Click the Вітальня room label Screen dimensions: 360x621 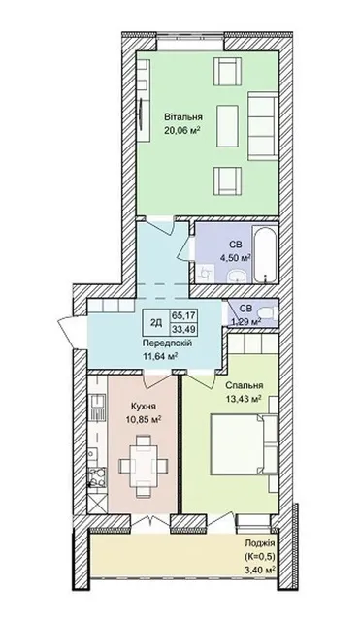(183, 117)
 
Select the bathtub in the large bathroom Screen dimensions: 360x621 (265, 254)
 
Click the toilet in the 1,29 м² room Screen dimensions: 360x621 (268, 312)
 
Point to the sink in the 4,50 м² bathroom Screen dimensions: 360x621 (237, 276)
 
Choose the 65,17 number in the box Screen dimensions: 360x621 (184, 316)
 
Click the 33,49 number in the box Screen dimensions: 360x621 (184, 329)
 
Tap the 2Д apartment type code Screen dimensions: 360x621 (156, 323)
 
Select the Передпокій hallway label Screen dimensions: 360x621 (168, 343)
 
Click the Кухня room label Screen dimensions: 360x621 (143, 407)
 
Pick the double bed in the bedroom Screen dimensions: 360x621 (244, 444)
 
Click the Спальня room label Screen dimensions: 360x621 (245, 385)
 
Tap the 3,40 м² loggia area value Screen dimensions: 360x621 (260, 570)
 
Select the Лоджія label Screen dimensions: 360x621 (259, 543)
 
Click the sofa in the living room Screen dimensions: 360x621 (262, 126)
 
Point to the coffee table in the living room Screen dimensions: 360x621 (227, 126)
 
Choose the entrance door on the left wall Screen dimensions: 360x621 (72, 332)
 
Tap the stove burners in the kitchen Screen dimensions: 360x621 (97, 477)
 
